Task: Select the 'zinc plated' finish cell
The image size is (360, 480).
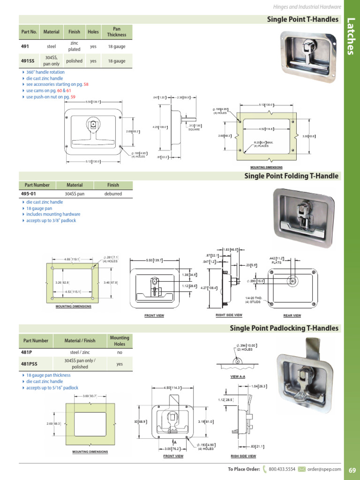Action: click(x=74, y=46)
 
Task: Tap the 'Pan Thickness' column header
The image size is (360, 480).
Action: click(x=116, y=32)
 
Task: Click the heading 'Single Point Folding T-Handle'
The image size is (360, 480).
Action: click(x=291, y=176)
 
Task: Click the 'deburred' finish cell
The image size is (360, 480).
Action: click(x=113, y=194)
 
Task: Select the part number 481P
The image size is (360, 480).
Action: click(x=26, y=352)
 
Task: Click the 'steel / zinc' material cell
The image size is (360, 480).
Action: click(x=80, y=352)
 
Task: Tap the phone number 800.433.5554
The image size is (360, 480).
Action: click(x=283, y=469)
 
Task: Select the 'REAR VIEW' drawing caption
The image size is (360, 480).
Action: click(x=292, y=315)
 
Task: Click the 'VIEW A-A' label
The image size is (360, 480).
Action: click(x=239, y=377)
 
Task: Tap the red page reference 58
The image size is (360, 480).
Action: click(x=86, y=84)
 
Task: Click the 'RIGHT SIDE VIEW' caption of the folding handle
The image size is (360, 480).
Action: click(x=229, y=315)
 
